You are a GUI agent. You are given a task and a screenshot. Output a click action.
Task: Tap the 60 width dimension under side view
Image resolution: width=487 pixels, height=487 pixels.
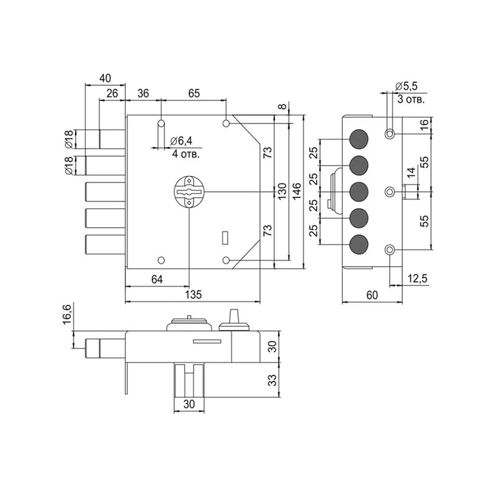pos(373,295)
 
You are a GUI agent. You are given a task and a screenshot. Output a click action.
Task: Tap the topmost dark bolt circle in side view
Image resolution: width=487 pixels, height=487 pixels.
pos(360,139)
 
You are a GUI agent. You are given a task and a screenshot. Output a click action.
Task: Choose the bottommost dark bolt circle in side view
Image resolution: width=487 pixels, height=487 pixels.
pos(360,245)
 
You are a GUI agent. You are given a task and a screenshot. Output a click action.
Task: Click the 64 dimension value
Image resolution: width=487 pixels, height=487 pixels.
pos(156,279)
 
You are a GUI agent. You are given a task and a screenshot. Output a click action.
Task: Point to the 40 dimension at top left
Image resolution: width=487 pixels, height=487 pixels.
pos(105,78)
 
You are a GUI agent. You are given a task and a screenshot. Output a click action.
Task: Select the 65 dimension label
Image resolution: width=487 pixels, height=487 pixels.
pos(194,93)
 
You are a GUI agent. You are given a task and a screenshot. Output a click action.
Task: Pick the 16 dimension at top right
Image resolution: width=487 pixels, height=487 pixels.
pos(424,125)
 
